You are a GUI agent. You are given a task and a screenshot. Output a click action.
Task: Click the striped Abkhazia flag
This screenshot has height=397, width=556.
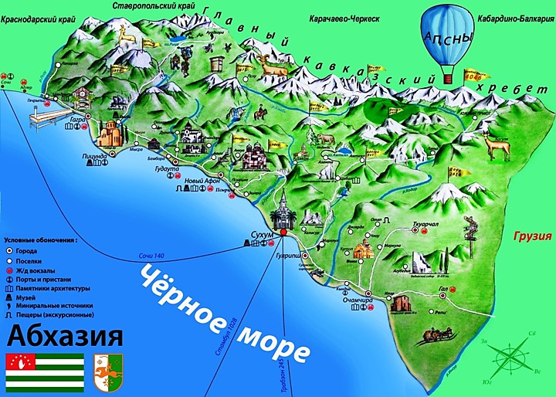point(45,372)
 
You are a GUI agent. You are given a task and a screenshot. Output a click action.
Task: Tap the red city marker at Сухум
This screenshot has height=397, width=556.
point(283,232)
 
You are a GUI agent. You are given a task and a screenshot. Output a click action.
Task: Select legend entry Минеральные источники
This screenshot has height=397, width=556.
point(50,305)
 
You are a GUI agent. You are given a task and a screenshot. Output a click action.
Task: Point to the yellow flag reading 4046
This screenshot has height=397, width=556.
point(472,76)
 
